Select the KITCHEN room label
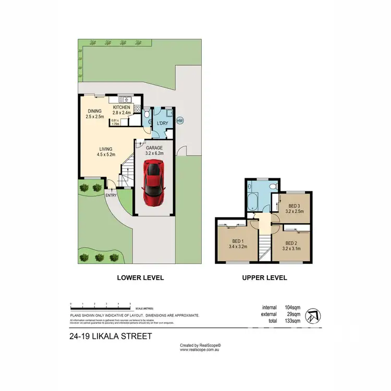coord(121,107)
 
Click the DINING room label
coord(94,111)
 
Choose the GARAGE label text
coord(154,148)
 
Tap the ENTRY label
coord(111,195)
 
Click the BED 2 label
coord(292,243)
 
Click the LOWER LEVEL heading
coord(141,278)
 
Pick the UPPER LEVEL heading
coord(264,278)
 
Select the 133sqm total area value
coord(292,321)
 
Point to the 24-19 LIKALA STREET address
coord(110,336)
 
